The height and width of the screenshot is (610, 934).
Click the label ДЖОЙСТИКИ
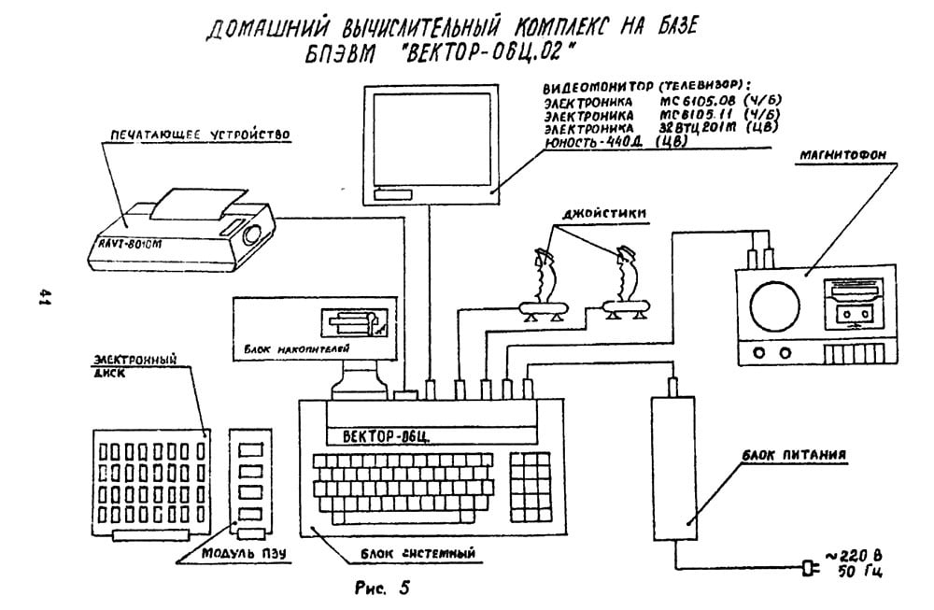point(589,213)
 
